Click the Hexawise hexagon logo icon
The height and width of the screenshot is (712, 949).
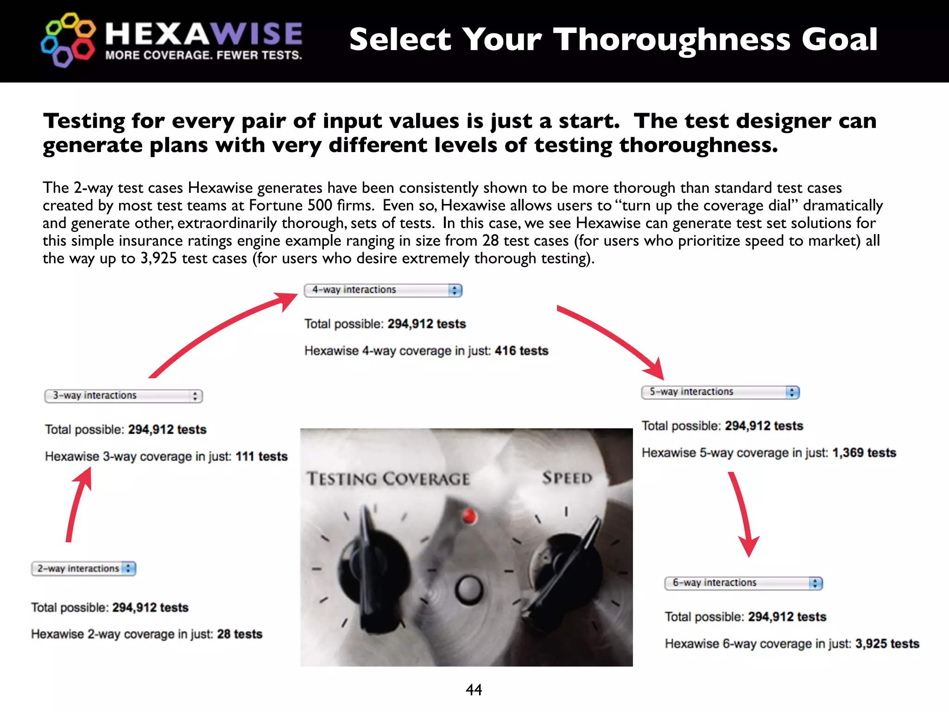coord(68,40)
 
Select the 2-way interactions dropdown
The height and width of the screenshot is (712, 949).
coord(83,568)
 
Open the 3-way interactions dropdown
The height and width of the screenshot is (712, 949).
coord(123,395)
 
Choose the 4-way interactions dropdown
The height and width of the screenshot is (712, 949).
coord(383,290)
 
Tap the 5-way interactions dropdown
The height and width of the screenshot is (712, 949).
coord(720,392)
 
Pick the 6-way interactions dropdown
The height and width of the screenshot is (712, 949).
coord(743,583)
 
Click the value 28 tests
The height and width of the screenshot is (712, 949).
coord(240,634)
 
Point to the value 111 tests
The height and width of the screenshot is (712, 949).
coord(261,456)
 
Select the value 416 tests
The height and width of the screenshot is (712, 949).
coord(521,350)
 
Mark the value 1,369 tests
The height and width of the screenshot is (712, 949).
coord(864,452)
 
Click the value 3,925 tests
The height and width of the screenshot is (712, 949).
coord(887,643)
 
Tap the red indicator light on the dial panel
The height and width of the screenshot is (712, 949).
coord(469,515)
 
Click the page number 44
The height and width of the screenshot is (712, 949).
coord(474,690)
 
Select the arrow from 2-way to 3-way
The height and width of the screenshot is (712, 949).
coord(78,505)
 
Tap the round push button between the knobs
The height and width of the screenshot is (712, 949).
coord(469,589)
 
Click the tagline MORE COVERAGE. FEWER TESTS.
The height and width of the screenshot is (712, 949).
coord(203,55)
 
